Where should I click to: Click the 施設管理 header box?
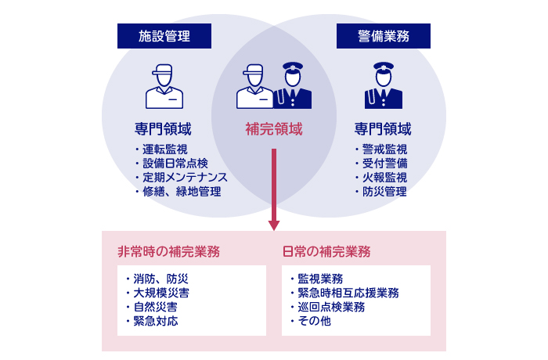(164, 36)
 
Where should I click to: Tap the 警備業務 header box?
(384, 36)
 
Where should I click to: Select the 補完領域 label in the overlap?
(274, 129)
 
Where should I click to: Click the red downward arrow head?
(274, 225)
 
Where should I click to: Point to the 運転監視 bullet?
(164, 149)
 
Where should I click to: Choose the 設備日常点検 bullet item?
(174, 164)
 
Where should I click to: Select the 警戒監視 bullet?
(384, 149)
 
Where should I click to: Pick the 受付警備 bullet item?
(384, 164)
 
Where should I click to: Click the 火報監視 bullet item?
(384, 178)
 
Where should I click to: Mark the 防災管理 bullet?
(384, 192)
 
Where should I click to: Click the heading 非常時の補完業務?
(168, 252)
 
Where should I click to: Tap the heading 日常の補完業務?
(326, 252)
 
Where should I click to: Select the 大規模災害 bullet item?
(160, 293)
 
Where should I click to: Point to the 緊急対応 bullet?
(154, 321)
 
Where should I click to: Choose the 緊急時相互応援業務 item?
(347, 293)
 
